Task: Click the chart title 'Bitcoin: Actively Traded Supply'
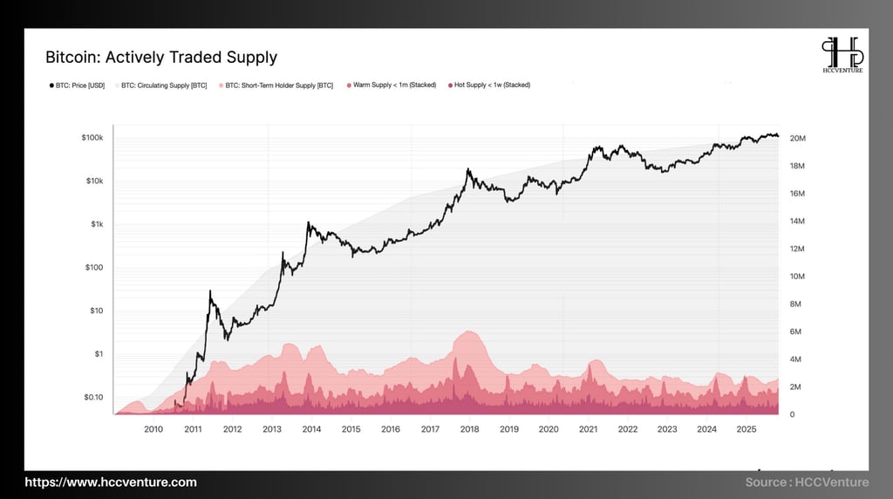coord(161,58)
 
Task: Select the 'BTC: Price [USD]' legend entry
coord(78,85)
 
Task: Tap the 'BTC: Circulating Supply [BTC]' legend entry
coord(164,85)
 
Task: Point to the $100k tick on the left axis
coord(92,139)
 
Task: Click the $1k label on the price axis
coord(96,224)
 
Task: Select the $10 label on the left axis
coord(97,311)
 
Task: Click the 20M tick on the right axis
coord(797,139)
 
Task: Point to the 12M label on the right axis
coord(797,249)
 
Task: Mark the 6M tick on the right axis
coord(795,332)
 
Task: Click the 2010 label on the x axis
coord(153,429)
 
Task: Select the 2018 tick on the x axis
coord(469,429)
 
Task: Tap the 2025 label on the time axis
coord(746,429)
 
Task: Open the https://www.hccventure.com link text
coord(111,482)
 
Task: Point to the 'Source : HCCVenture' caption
coord(807,482)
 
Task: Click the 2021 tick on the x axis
coord(588,429)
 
